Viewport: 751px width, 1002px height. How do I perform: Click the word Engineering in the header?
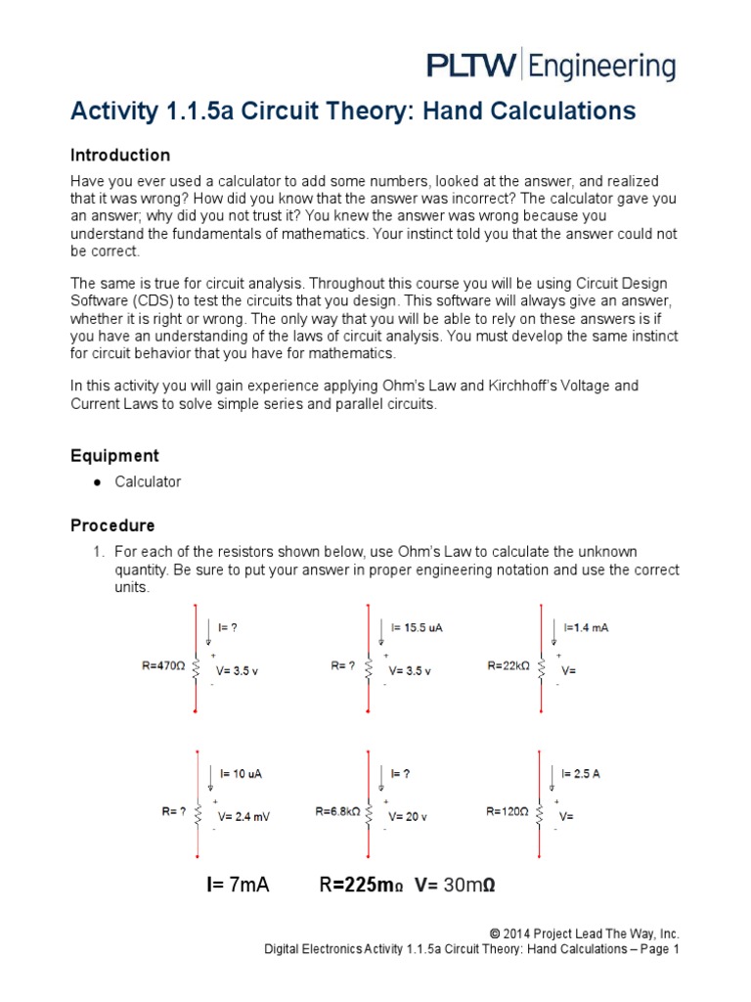click(603, 67)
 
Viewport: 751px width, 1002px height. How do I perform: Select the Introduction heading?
click(120, 156)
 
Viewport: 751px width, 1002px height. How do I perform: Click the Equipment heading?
click(114, 456)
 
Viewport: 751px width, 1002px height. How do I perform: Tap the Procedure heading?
click(112, 525)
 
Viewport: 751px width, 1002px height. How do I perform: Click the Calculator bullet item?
click(148, 481)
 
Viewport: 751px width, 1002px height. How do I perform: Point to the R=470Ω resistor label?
click(163, 666)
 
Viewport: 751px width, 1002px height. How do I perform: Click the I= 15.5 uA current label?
click(417, 627)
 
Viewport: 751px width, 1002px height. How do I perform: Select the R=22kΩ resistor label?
click(508, 665)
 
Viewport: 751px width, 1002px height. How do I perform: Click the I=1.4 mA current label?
click(586, 627)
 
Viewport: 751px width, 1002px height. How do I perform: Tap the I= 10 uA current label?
click(240, 773)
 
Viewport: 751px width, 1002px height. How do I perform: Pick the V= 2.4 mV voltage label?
click(243, 817)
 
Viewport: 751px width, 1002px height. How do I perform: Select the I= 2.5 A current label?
click(582, 773)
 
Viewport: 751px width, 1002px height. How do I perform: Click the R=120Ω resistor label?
click(508, 811)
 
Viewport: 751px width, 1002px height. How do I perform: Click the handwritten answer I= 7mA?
click(237, 886)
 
